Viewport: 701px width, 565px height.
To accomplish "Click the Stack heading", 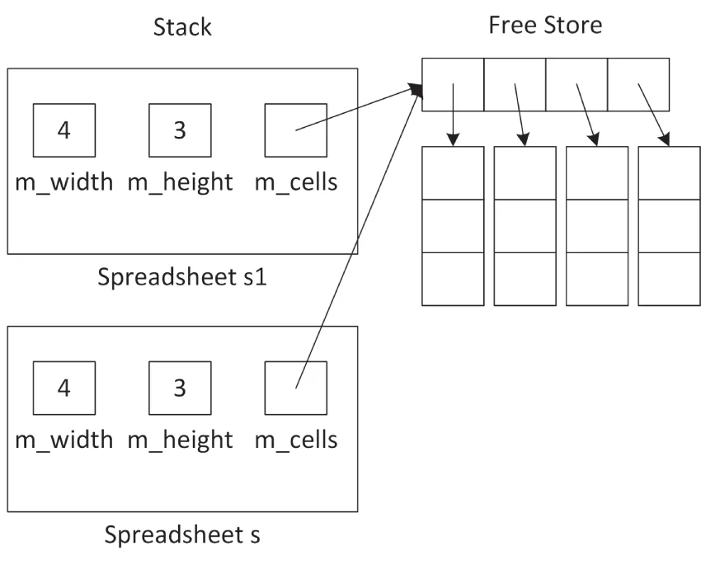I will click(x=182, y=27).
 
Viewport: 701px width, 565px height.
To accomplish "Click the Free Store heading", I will click(x=545, y=25).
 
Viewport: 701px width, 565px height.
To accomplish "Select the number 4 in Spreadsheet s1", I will click(x=64, y=130).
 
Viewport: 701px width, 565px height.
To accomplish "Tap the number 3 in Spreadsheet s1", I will click(x=180, y=130).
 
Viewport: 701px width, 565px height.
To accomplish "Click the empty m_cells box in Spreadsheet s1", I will click(x=295, y=130).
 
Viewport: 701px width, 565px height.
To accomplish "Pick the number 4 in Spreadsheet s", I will click(x=64, y=388).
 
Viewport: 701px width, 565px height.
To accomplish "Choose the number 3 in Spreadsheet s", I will click(x=180, y=388).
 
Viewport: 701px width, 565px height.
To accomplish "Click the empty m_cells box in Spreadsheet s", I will click(x=295, y=388).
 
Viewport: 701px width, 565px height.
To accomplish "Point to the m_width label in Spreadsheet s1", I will click(x=64, y=182).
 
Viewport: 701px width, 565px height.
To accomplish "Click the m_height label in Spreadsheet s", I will click(x=180, y=440).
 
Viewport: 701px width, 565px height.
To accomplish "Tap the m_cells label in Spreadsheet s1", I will click(x=296, y=182).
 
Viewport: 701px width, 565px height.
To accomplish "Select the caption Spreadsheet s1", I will click(x=182, y=276).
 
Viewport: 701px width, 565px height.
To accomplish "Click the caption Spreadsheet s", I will click(x=182, y=534).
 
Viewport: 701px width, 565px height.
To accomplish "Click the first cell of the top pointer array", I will click(x=453, y=84).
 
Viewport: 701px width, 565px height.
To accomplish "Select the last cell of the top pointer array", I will click(x=638, y=84).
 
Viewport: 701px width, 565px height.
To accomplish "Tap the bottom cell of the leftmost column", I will click(x=453, y=279).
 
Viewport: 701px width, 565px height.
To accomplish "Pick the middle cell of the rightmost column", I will click(x=669, y=226).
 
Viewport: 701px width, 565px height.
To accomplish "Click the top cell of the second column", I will click(x=525, y=173).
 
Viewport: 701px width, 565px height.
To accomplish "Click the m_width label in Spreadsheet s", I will click(x=64, y=440).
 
